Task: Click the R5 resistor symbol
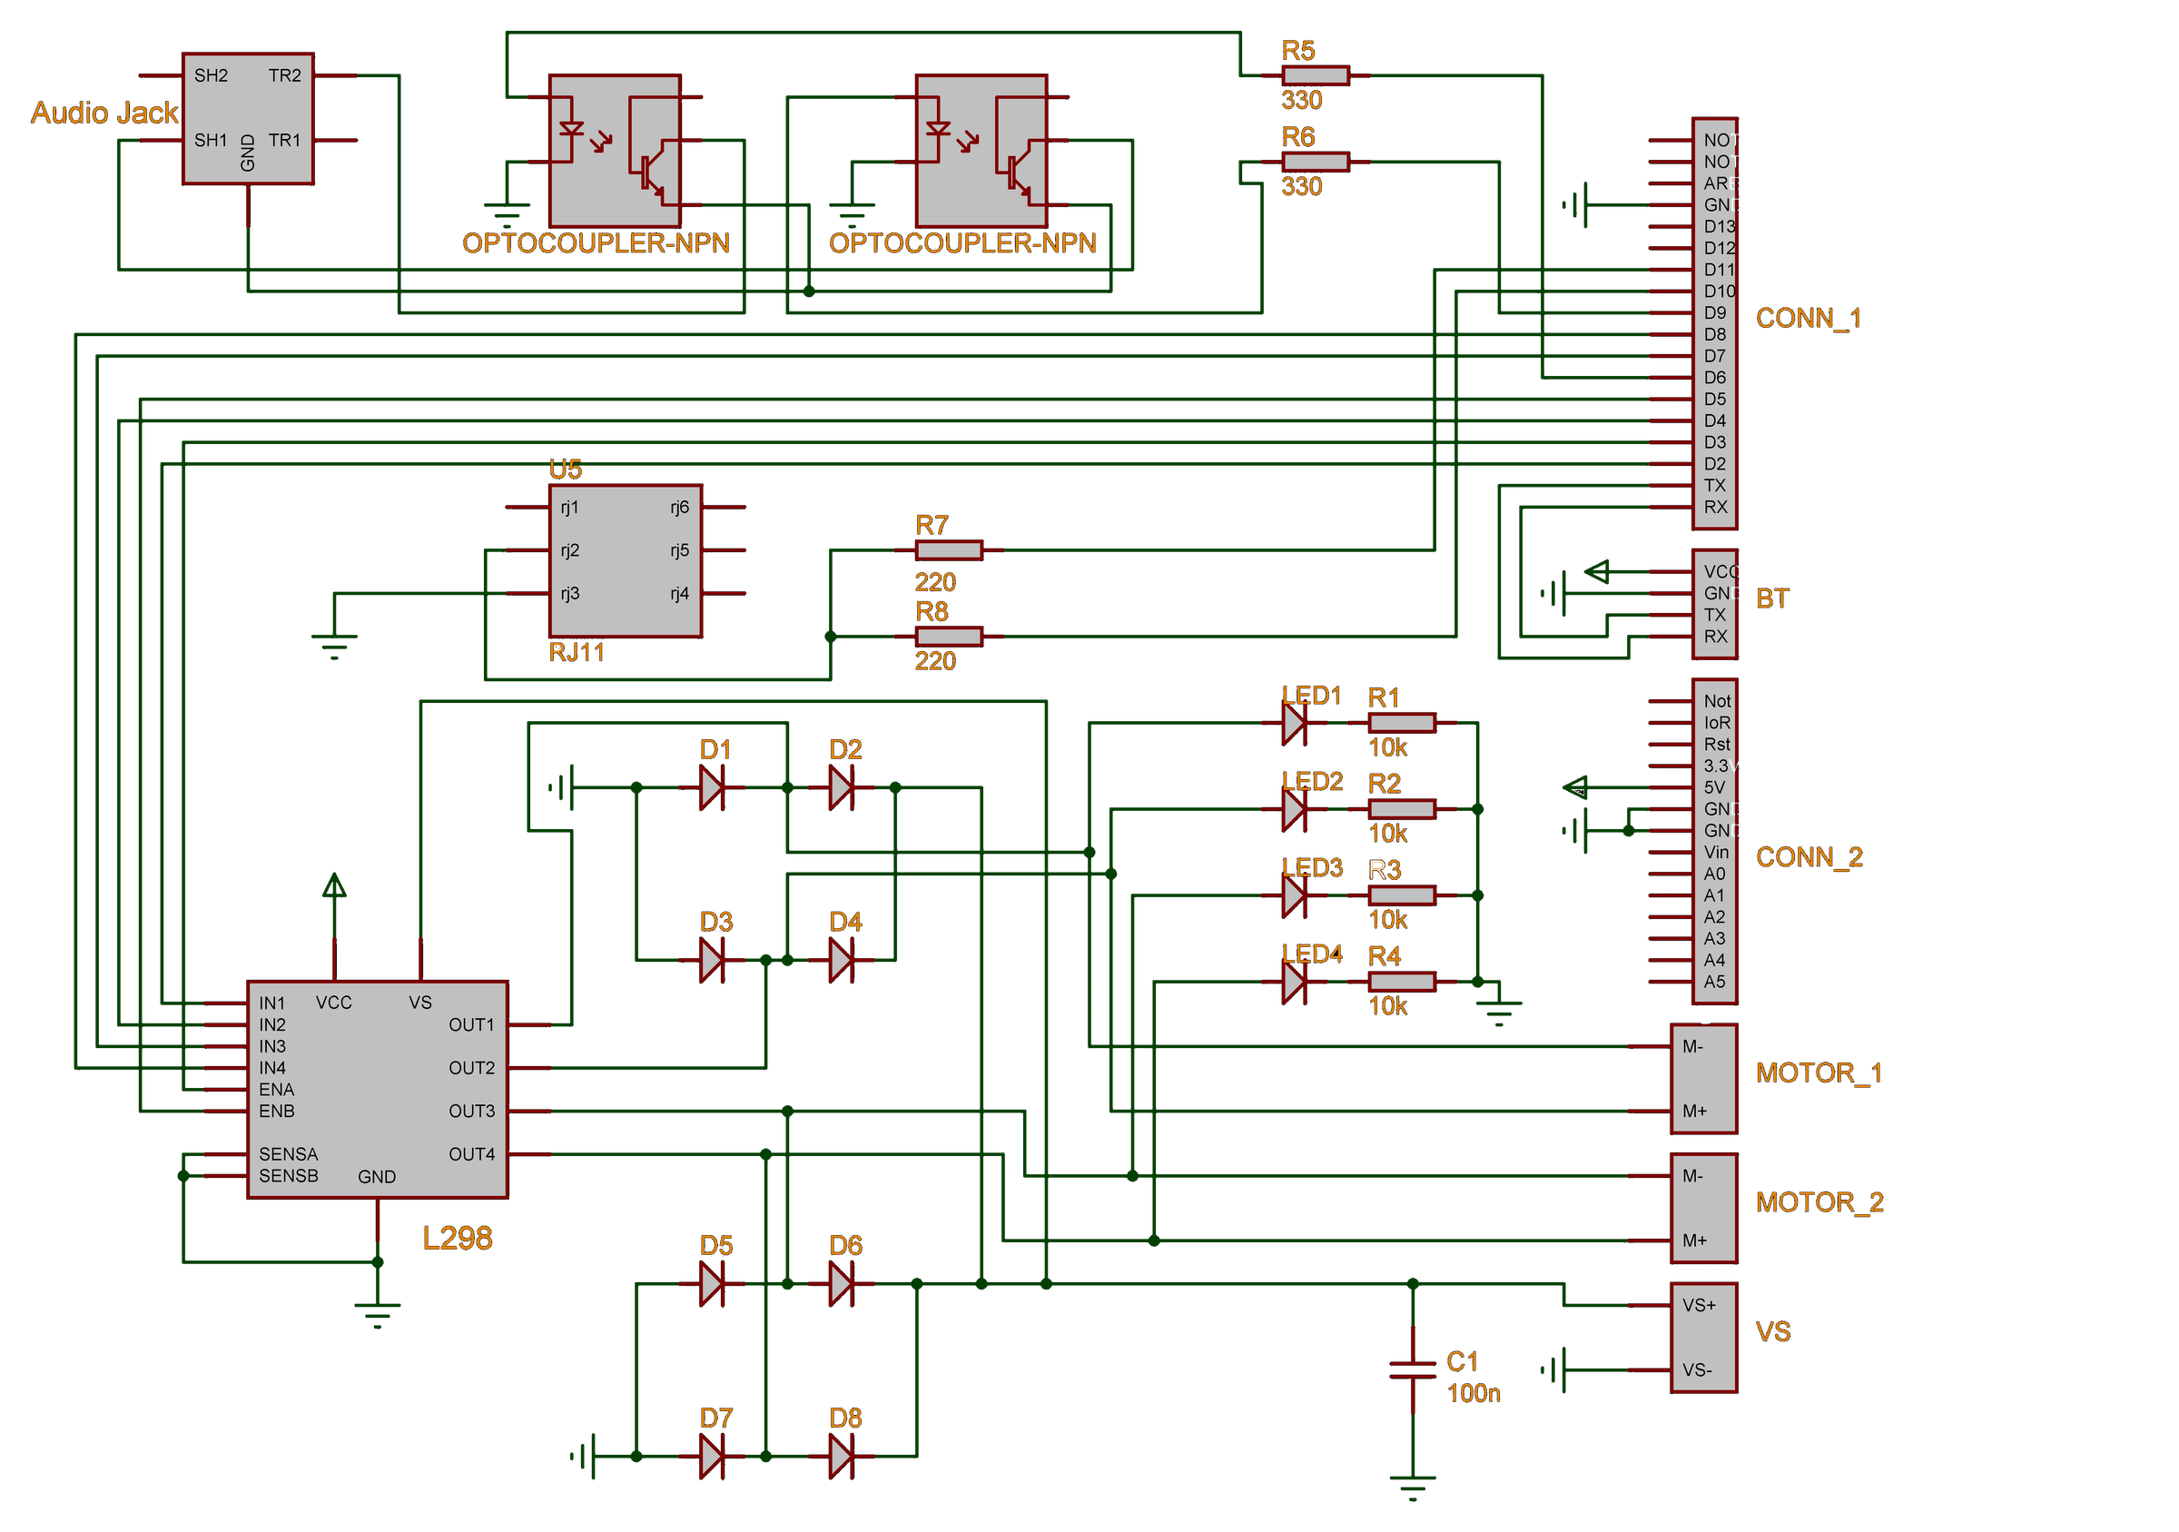point(1315,75)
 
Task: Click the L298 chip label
point(458,1238)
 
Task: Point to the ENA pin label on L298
point(276,1090)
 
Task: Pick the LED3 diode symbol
point(1293,895)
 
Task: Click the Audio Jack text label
point(104,113)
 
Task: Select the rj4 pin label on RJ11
point(679,593)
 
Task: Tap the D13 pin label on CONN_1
point(1719,226)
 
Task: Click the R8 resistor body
point(948,636)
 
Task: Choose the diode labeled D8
point(840,1456)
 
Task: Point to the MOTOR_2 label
point(1819,1201)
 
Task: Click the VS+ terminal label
point(1699,1305)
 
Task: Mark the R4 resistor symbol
point(1402,982)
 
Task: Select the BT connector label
point(1772,598)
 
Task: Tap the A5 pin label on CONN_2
point(1714,982)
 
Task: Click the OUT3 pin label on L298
point(472,1111)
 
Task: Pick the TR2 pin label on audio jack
point(285,75)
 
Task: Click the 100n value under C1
point(1473,1392)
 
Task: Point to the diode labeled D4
point(840,960)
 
